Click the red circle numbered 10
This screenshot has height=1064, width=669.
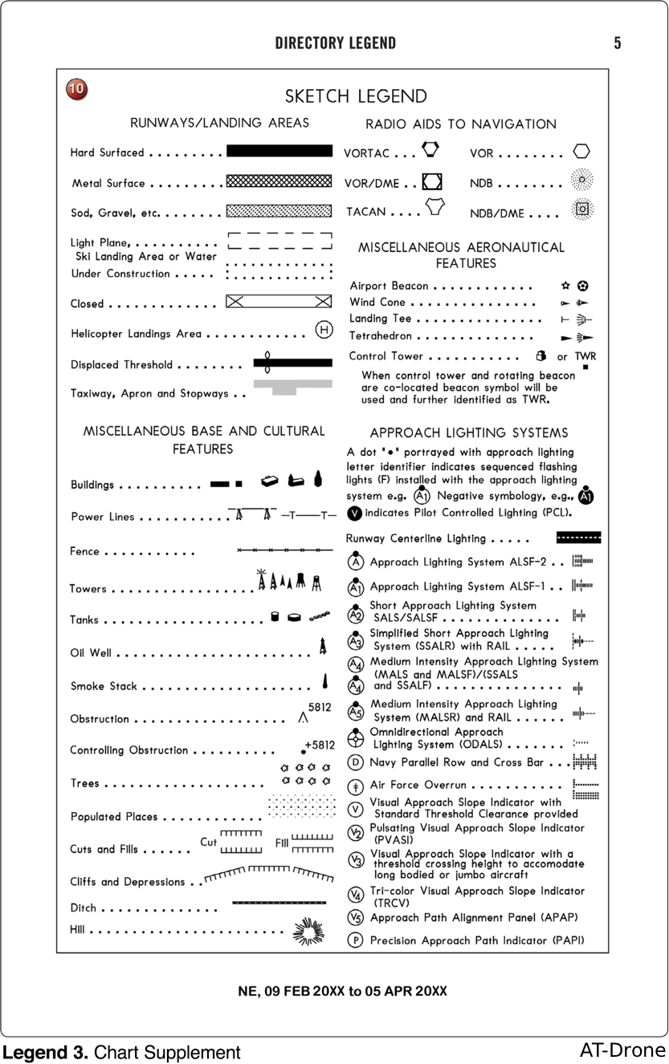77,90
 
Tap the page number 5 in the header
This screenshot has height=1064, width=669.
617,43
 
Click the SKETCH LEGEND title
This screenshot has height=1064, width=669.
357,96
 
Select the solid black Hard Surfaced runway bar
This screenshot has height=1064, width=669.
279,151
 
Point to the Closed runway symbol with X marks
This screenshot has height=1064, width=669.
279,302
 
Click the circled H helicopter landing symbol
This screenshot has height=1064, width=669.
324,330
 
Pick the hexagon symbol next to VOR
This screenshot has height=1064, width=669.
581,152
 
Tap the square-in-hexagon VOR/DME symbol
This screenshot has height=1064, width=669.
432,181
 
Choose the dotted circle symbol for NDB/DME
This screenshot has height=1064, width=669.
582,210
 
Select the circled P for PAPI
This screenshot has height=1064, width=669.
355,940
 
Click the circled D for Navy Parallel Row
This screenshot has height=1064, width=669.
355,762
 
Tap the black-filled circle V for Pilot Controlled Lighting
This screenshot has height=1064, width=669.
354,513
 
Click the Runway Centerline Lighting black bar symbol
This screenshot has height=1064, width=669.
578,538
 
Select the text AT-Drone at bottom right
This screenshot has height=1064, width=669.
622,1050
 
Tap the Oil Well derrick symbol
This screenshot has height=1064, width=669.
322,645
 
